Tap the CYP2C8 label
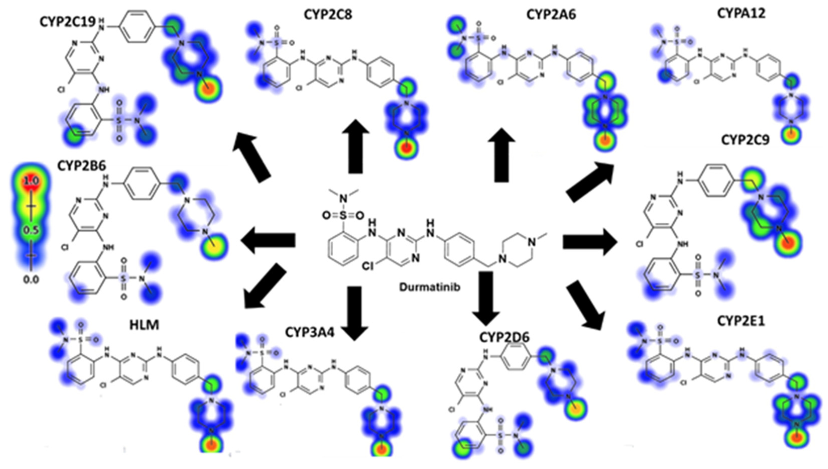[328, 15]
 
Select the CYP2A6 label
[551, 15]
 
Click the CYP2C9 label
[745, 140]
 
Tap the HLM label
[144, 325]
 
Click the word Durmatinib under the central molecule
[430, 287]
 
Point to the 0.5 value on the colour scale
[31, 230]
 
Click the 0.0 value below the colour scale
[31, 280]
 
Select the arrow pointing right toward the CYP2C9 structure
[590, 242]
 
